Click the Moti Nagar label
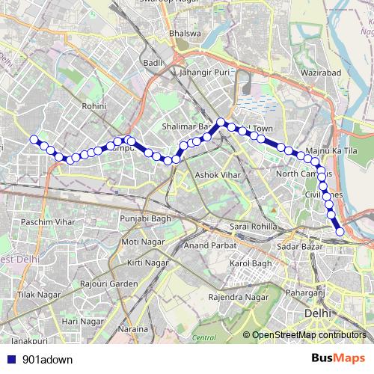[141, 242]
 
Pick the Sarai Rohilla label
[253, 226]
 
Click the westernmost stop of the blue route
[33, 138]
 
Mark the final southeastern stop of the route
[340, 232]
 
